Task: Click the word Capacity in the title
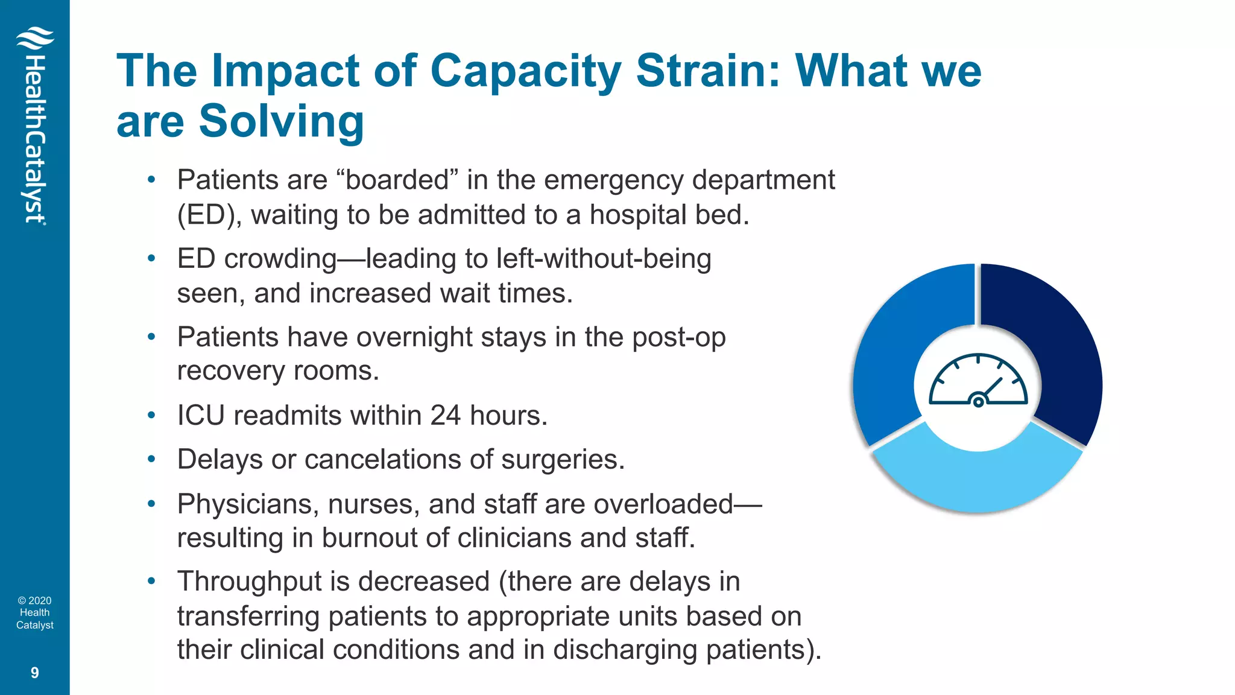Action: (x=525, y=71)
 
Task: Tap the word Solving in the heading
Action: (x=281, y=121)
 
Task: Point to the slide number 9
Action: (x=34, y=673)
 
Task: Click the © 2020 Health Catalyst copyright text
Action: (x=34, y=613)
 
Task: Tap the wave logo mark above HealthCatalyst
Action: (x=35, y=39)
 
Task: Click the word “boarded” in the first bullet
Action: (x=397, y=180)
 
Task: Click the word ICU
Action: (x=201, y=416)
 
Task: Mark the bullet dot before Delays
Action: (x=152, y=460)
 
